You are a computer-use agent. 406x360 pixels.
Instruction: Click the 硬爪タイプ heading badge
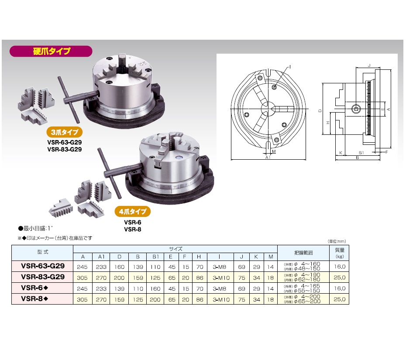[x=51, y=51]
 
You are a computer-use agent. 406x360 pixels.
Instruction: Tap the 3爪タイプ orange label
[x=65, y=132]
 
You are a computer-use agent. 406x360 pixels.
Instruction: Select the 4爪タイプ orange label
[x=133, y=212]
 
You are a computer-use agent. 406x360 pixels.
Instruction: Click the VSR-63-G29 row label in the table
[x=43, y=266]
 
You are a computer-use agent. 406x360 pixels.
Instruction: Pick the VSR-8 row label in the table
[x=34, y=298]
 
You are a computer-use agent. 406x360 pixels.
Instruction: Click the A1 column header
[x=101, y=257]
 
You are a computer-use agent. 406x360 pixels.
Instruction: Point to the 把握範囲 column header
[x=303, y=253]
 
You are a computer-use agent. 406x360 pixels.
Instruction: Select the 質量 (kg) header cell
[x=340, y=253]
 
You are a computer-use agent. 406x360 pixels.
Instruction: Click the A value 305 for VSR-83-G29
[x=82, y=278]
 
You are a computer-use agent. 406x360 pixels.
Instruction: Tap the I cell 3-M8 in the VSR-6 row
[x=219, y=288]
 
